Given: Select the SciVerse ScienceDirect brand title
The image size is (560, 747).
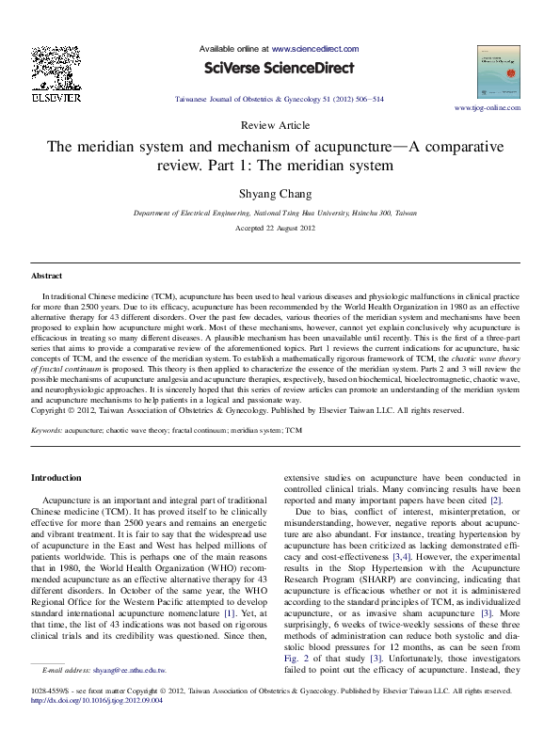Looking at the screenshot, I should point(280,68).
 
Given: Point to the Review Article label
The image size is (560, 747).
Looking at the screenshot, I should point(280,125).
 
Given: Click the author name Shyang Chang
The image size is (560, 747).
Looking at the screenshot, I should point(280,194).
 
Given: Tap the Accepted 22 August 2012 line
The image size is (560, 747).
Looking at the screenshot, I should point(280,229).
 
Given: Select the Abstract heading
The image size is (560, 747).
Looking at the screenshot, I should point(47,277).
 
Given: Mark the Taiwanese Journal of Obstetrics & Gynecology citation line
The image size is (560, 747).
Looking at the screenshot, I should point(280,99).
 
